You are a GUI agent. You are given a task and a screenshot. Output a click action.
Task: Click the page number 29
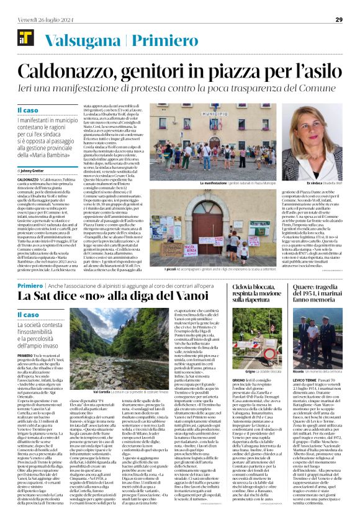[339, 20]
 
